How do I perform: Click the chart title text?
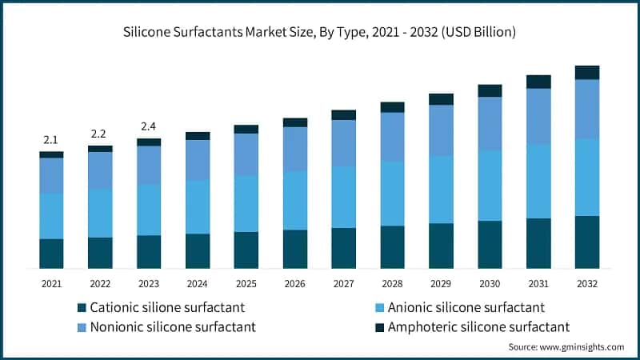(x=320, y=33)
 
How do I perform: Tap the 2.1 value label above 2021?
(x=51, y=140)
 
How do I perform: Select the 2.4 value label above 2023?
(x=149, y=126)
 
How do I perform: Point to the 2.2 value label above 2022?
(x=100, y=134)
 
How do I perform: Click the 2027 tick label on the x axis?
(x=343, y=283)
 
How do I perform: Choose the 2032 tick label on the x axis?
(x=587, y=283)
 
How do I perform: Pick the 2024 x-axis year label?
(x=198, y=283)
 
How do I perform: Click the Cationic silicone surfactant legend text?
(x=167, y=307)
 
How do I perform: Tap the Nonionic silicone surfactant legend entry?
(x=173, y=326)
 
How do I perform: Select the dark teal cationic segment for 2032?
(x=587, y=242)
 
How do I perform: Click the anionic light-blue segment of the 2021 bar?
(x=51, y=216)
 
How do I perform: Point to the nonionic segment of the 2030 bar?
(x=490, y=124)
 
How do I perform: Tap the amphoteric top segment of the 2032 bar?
(x=587, y=73)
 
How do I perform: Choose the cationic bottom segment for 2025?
(x=246, y=250)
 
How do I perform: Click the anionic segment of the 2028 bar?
(x=392, y=194)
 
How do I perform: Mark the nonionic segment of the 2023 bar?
(x=149, y=165)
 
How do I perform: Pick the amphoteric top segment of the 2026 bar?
(x=295, y=122)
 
